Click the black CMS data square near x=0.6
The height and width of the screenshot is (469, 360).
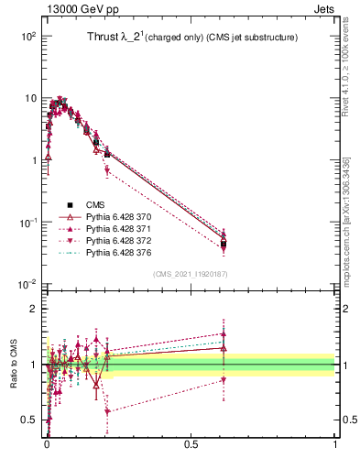point(224,244)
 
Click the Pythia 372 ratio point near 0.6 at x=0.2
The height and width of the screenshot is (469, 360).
point(107,411)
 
